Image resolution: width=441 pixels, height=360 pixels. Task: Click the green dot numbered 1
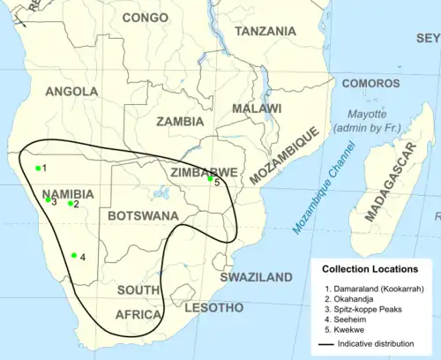[38, 168]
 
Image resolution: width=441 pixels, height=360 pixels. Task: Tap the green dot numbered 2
[71, 204]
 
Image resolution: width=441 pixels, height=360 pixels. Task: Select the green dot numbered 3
[49, 199]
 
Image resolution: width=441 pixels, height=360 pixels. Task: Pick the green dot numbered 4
[74, 256]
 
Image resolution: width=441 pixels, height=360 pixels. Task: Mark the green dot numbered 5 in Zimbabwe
[210, 178]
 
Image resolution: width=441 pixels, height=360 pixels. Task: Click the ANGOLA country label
[72, 92]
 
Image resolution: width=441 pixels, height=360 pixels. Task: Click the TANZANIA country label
[265, 31]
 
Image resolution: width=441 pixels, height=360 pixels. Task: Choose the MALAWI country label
[257, 108]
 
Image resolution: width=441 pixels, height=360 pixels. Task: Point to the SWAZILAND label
[256, 277]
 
